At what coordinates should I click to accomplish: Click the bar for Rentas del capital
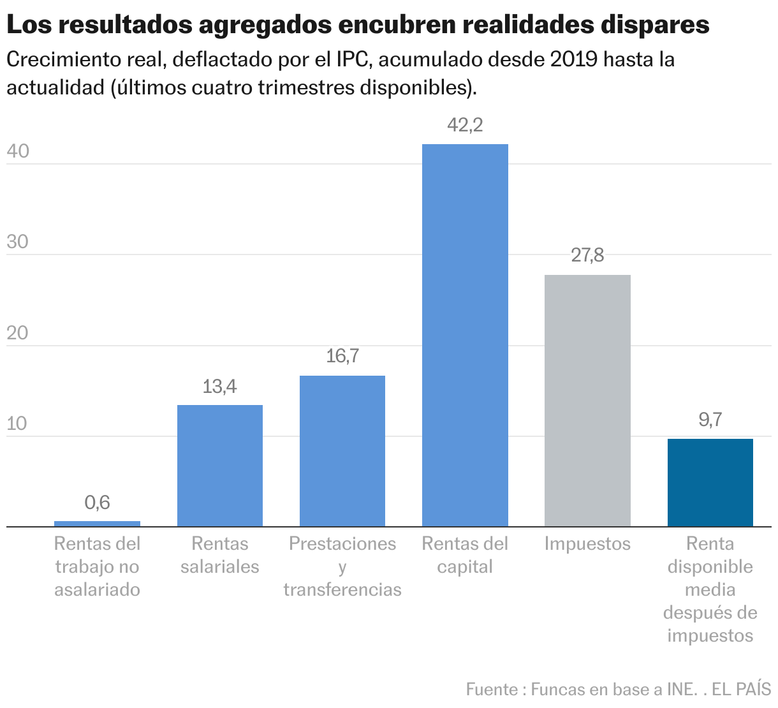tap(465, 335)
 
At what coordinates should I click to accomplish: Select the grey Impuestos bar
tap(587, 401)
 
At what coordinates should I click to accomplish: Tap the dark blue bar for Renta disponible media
tap(710, 482)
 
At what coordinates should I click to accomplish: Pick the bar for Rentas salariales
tap(219, 466)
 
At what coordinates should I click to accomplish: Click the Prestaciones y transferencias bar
tap(342, 451)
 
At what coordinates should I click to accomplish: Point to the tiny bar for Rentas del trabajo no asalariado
tap(97, 524)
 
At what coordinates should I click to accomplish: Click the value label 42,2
tap(465, 125)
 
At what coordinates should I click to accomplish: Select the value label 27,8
tap(587, 256)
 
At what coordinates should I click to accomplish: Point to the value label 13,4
tap(219, 387)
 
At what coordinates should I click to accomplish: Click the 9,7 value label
tap(710, 420)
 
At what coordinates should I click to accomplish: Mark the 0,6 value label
tap(97, 503)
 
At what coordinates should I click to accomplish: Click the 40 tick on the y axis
tap(18, 152)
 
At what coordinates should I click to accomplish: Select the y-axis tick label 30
tap(18, 242)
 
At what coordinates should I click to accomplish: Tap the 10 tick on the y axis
tap(18, 424)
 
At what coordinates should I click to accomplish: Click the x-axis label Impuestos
tap(587, 544)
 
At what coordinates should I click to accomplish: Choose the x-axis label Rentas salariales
tap(219, 556)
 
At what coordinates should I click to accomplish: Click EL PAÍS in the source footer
tap(741, 690)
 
